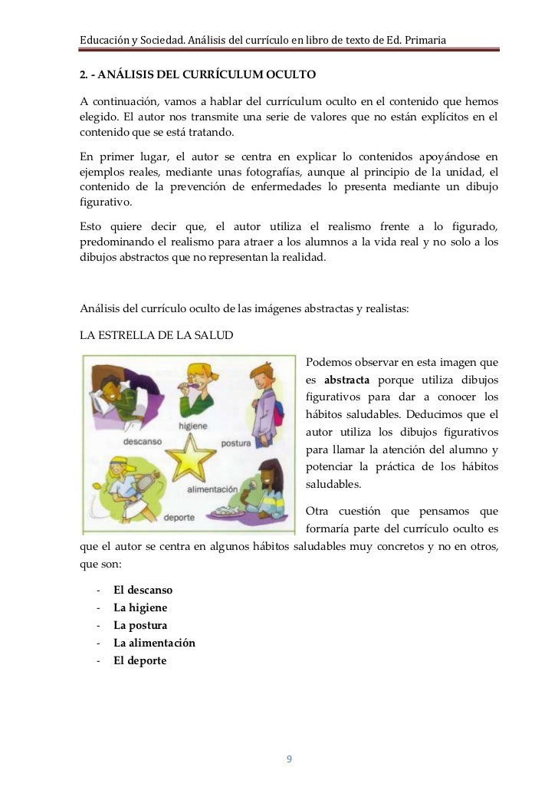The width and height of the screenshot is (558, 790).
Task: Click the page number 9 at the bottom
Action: click(x=288, y=759)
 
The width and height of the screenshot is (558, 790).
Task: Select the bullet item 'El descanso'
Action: click(x=143, y=590)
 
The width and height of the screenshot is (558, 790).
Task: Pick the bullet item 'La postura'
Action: click(x=140, y=625)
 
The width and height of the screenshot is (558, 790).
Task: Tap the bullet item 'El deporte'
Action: click(x=139, y=660)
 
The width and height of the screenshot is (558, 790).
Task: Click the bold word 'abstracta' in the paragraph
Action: click(x=347, y=380)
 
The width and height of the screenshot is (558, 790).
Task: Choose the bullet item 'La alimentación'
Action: click(x=154, y=643)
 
